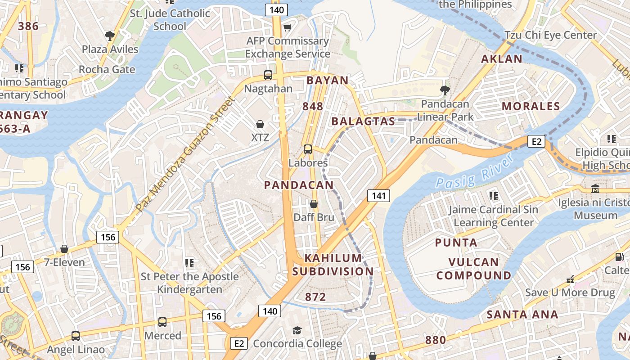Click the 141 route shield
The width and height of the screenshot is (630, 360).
[378, 196]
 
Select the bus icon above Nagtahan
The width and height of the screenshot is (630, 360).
[268, 75]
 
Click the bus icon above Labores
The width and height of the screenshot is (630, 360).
[308, 149]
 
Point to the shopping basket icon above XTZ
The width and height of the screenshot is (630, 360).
[260, 124]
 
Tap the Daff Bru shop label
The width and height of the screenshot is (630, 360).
[314, 217]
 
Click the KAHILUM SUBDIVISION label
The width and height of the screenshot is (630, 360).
[333, 265]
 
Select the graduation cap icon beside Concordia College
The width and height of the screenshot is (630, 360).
[297, 331]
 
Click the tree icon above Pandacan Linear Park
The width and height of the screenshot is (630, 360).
[445, 90]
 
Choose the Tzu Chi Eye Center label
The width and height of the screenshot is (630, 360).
[550, 35]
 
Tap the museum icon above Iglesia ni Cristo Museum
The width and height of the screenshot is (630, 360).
[595, 189]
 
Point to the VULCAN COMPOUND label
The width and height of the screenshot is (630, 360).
[473, 269]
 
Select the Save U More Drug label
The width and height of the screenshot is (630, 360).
[570, 292]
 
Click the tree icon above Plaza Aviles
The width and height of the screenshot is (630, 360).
[109, 36]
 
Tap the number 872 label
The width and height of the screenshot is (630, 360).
[315, 297]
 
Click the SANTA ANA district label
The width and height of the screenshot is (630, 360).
[522, 314]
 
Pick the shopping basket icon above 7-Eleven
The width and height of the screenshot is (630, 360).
[64, 249]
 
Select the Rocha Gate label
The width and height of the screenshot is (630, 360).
[107, 69]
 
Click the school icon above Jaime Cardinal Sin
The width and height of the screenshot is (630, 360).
[494, 196]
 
